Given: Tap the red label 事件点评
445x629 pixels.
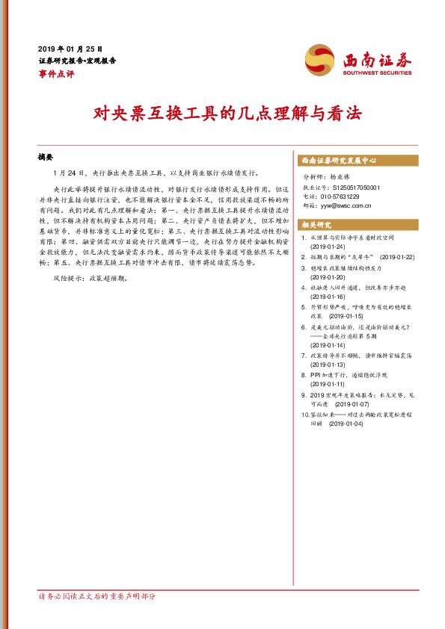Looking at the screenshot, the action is (56, 73).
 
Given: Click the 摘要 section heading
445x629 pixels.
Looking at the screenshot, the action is (46, 158).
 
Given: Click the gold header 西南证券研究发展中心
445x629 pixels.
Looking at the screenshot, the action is (338, 161).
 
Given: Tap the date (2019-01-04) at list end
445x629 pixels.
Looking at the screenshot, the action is (346, 424).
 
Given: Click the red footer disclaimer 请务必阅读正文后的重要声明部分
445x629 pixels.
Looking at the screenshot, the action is (97, 596).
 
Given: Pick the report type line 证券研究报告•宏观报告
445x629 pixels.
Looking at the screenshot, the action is (77, 61).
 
